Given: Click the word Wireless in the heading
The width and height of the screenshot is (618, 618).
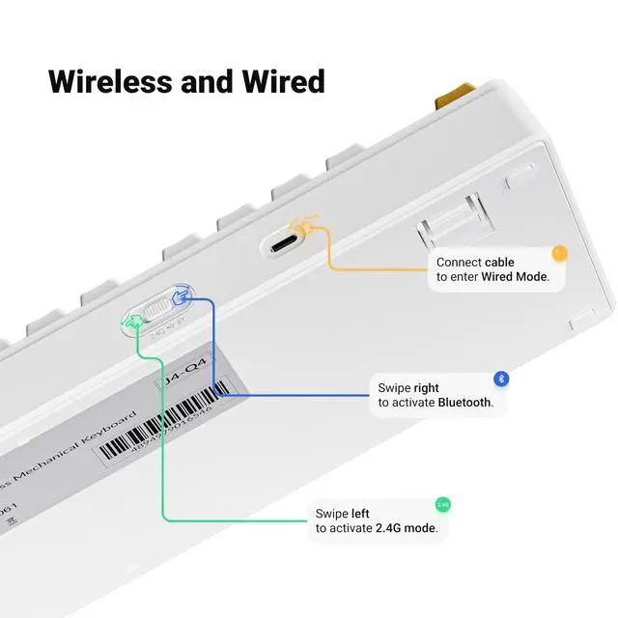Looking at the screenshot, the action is (x=110, y=80).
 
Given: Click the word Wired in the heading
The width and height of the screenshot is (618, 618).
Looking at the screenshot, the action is (x=280, y=80).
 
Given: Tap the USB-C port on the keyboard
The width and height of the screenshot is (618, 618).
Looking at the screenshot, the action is (x=285, y=243).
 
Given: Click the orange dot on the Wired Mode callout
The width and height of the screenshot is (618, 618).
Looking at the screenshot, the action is (x=558, y=253).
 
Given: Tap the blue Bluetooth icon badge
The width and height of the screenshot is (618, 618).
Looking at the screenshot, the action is (x=501, y=379).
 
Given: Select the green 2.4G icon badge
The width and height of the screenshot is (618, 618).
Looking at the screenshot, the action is (x=443, y=505).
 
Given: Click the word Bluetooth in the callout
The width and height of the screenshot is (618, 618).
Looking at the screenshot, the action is (x=464, y=403).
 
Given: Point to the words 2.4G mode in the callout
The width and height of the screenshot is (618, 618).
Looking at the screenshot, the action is (x=405, y=528).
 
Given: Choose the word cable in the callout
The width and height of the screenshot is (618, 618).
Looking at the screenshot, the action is (x=500, y=262).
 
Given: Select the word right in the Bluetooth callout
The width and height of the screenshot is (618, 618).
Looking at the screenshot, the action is (x=426, y=387).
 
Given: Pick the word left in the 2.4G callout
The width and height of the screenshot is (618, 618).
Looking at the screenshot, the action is (x=360, y=513).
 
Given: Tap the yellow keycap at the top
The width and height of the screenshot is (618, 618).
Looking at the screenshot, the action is (x=458, y=96).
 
